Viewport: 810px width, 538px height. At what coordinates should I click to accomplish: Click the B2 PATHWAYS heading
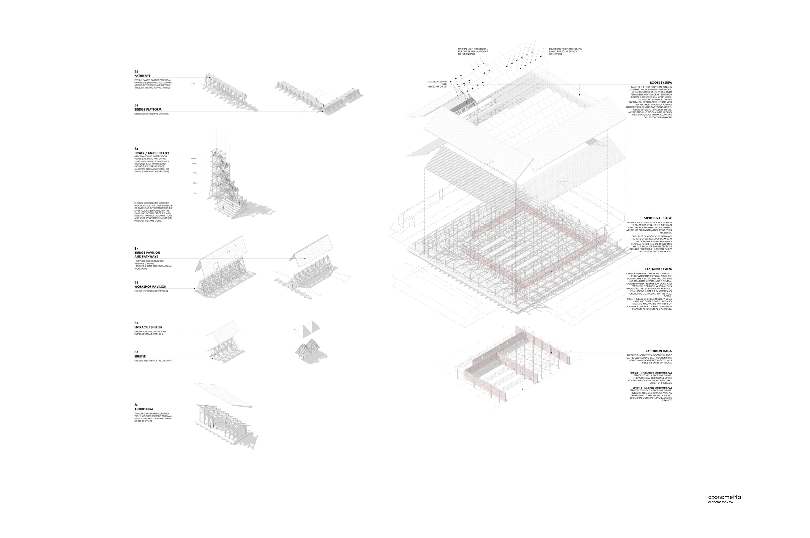pyautogui.click(x=142, y=76)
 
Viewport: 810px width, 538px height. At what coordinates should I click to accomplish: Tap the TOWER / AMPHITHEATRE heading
pyautogui.click(x=152, y=153)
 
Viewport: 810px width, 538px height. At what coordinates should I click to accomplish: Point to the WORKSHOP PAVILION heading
pyautogui.click(x=150, y=287)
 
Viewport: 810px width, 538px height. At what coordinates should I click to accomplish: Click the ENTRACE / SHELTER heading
pyautogui.click(x=148, y=327)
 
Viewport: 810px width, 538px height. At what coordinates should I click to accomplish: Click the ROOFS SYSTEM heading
pyautogui.click(x=660, y=83)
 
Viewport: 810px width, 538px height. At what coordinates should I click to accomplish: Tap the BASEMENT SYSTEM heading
pyautogui.click(x=658, y=269)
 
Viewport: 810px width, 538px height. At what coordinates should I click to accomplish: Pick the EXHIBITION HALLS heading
pyautogui.click(x=658, y=351)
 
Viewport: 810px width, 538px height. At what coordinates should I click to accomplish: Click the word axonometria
pyautogui.click(x=724, y=506)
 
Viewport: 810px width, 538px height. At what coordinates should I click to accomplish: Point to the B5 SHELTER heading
pyautogui.click(x=140, y=356)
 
